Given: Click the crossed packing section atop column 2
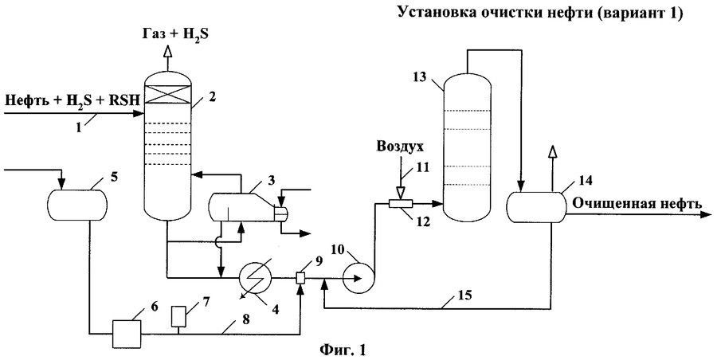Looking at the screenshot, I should click(169, 94).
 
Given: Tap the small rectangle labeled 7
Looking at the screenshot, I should click(178, 317).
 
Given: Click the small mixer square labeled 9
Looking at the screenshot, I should click(301, 278).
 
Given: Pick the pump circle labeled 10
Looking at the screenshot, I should click(358, 278).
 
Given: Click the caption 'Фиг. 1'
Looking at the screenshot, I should click(344, 349).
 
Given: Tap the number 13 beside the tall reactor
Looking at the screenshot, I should click(421, 77).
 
